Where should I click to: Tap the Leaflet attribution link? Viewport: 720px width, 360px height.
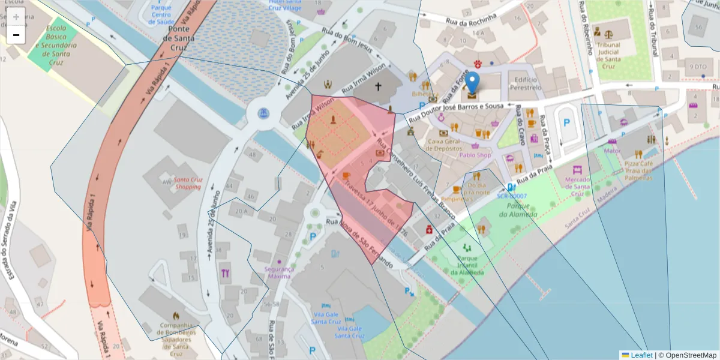pyautogui.click(x=641, y=355)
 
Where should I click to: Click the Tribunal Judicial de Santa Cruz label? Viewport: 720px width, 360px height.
pyautogui.click(x=618, y=55)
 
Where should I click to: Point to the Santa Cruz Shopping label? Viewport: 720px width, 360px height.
pyautogui.click(x=188, y=183)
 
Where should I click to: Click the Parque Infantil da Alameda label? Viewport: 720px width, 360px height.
pyautogui.click(x=467, y=265)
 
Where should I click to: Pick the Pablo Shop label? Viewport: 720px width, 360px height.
pyautogui.click(x=475, y=155)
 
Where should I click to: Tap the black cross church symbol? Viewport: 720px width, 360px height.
pyautogui.click(x=378, y=86)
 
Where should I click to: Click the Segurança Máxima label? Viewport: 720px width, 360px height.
pyautogui.click(x=280, y=273)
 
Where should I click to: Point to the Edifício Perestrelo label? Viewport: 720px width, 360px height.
pyautogui.click(x=524, y=83)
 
